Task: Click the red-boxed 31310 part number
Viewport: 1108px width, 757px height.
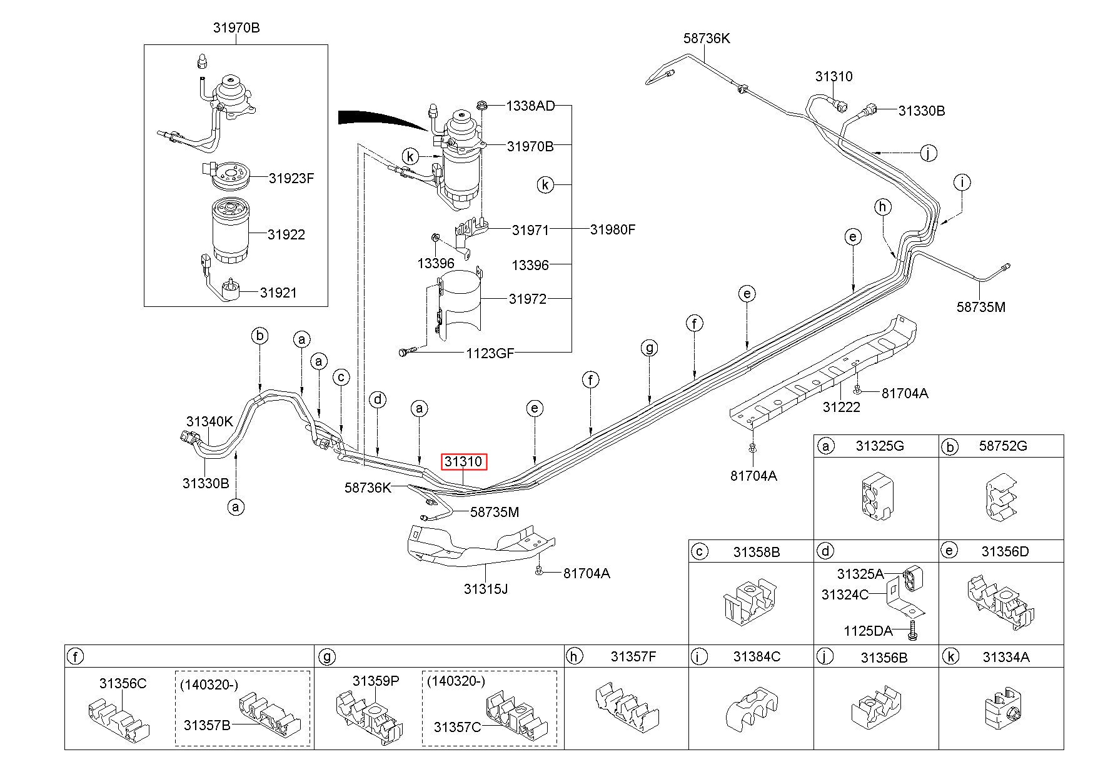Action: tap(463, 462)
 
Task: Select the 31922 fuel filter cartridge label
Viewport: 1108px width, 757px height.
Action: tap(286, 234)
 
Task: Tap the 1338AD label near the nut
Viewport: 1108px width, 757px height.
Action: tap(530, 106)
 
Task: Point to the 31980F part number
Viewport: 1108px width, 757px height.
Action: tap(613, 229)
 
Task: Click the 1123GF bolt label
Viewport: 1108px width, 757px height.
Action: tap(490, 353)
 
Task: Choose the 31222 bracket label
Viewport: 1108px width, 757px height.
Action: tap(842, 407)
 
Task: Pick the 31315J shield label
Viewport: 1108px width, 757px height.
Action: tap(486, 588)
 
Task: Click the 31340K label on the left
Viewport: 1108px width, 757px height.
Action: tap(209, 422)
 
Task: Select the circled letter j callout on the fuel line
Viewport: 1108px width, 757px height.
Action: tap(929, 153)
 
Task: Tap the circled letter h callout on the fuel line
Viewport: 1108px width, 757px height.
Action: tap(882, 206)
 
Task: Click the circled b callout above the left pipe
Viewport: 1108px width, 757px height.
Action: tap(260, 336)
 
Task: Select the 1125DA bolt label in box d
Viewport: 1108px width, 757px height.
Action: tap(868, 631)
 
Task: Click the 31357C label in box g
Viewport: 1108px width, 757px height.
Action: tap(457, 727)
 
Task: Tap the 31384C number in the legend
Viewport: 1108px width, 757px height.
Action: tap(757, 656)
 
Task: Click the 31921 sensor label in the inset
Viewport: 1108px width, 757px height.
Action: tap(278, 293)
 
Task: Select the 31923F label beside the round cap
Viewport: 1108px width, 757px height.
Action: tap(291, 178)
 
